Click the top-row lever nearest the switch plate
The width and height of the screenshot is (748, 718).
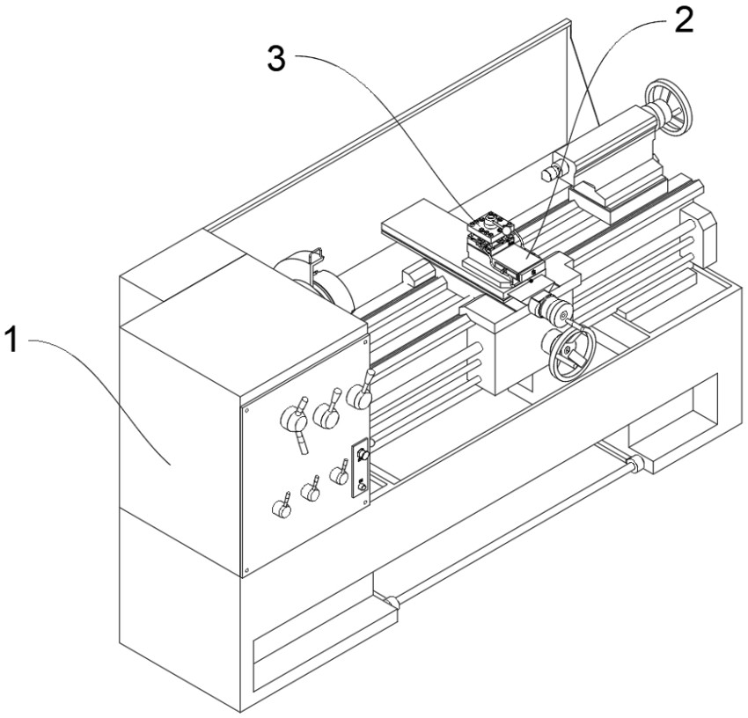[360, 395]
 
